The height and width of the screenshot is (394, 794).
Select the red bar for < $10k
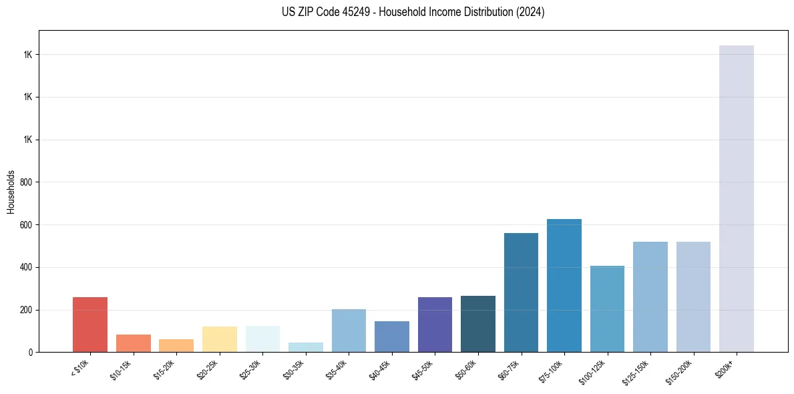90,325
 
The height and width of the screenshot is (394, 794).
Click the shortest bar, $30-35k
305,347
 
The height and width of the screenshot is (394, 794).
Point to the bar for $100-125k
607,309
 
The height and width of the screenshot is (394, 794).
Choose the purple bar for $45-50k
435,325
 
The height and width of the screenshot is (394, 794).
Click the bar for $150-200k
693,297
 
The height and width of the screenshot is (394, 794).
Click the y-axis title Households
11,192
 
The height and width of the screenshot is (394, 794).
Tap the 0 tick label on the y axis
31,353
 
